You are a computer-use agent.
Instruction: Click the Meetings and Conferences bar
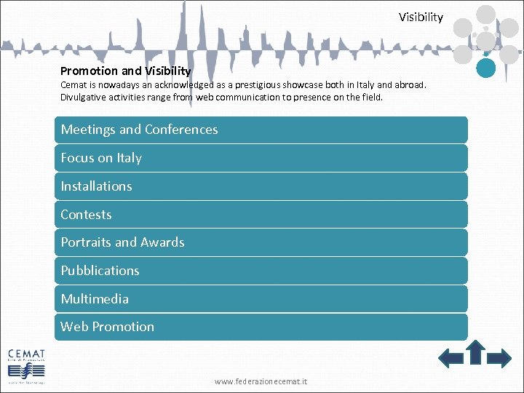(x=261, y=130)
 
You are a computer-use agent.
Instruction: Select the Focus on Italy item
(x=261, y=158)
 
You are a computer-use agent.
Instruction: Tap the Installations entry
(x=261, y=186)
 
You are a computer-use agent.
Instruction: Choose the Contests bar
(x=261, y=215)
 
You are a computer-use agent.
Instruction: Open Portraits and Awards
(x=261, y=242)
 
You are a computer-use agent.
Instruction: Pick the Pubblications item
(x=261, y=271)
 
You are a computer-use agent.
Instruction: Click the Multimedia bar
(x=261, y=299)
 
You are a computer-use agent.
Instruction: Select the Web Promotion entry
(x=261, y=327)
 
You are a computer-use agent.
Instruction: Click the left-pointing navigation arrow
(x=451, y=357)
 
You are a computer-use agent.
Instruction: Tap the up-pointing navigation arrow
(x=475, y=352)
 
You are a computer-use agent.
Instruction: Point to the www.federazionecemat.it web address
(x=261, y=381)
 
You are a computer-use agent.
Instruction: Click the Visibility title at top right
(x=421, y=17)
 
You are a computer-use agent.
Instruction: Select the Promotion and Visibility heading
(x=125, y=71)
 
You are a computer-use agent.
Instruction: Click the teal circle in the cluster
(x=486, y=68)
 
